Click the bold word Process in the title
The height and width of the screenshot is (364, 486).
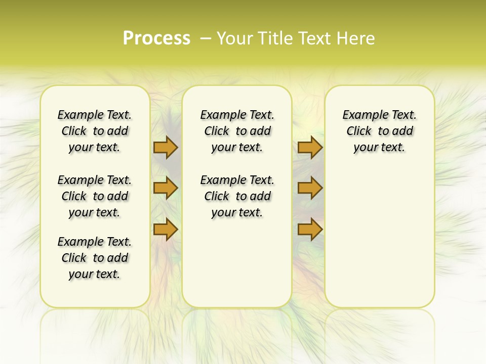click(156, 38)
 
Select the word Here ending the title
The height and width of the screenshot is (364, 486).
click(357, 38)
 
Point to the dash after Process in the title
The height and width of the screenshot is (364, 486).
click(205, 38)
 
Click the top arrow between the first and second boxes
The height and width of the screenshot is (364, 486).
click(166, 148)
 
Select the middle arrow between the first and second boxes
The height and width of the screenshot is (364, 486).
click(166, 188)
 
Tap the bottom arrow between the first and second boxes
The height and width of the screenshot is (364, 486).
click(166, 230)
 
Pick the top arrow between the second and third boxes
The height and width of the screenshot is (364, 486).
click(310, 148)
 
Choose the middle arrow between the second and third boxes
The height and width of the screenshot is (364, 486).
click(310, 188)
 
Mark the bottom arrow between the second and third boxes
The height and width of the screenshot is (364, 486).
click(310, 230)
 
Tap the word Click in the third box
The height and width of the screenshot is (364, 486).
click(359, 131)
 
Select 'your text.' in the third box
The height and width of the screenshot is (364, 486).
click(379, 147)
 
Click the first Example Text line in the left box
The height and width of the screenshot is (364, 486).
click(95, 115)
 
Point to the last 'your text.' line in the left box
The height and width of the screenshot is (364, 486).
click(94, 274)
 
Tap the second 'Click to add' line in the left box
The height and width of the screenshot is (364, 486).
click(95, 196)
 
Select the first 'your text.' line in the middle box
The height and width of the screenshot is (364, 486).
click(237, 147)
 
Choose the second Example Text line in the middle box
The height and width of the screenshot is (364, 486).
click(237, 180)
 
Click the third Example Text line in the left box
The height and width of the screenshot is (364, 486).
click(95, 242)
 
